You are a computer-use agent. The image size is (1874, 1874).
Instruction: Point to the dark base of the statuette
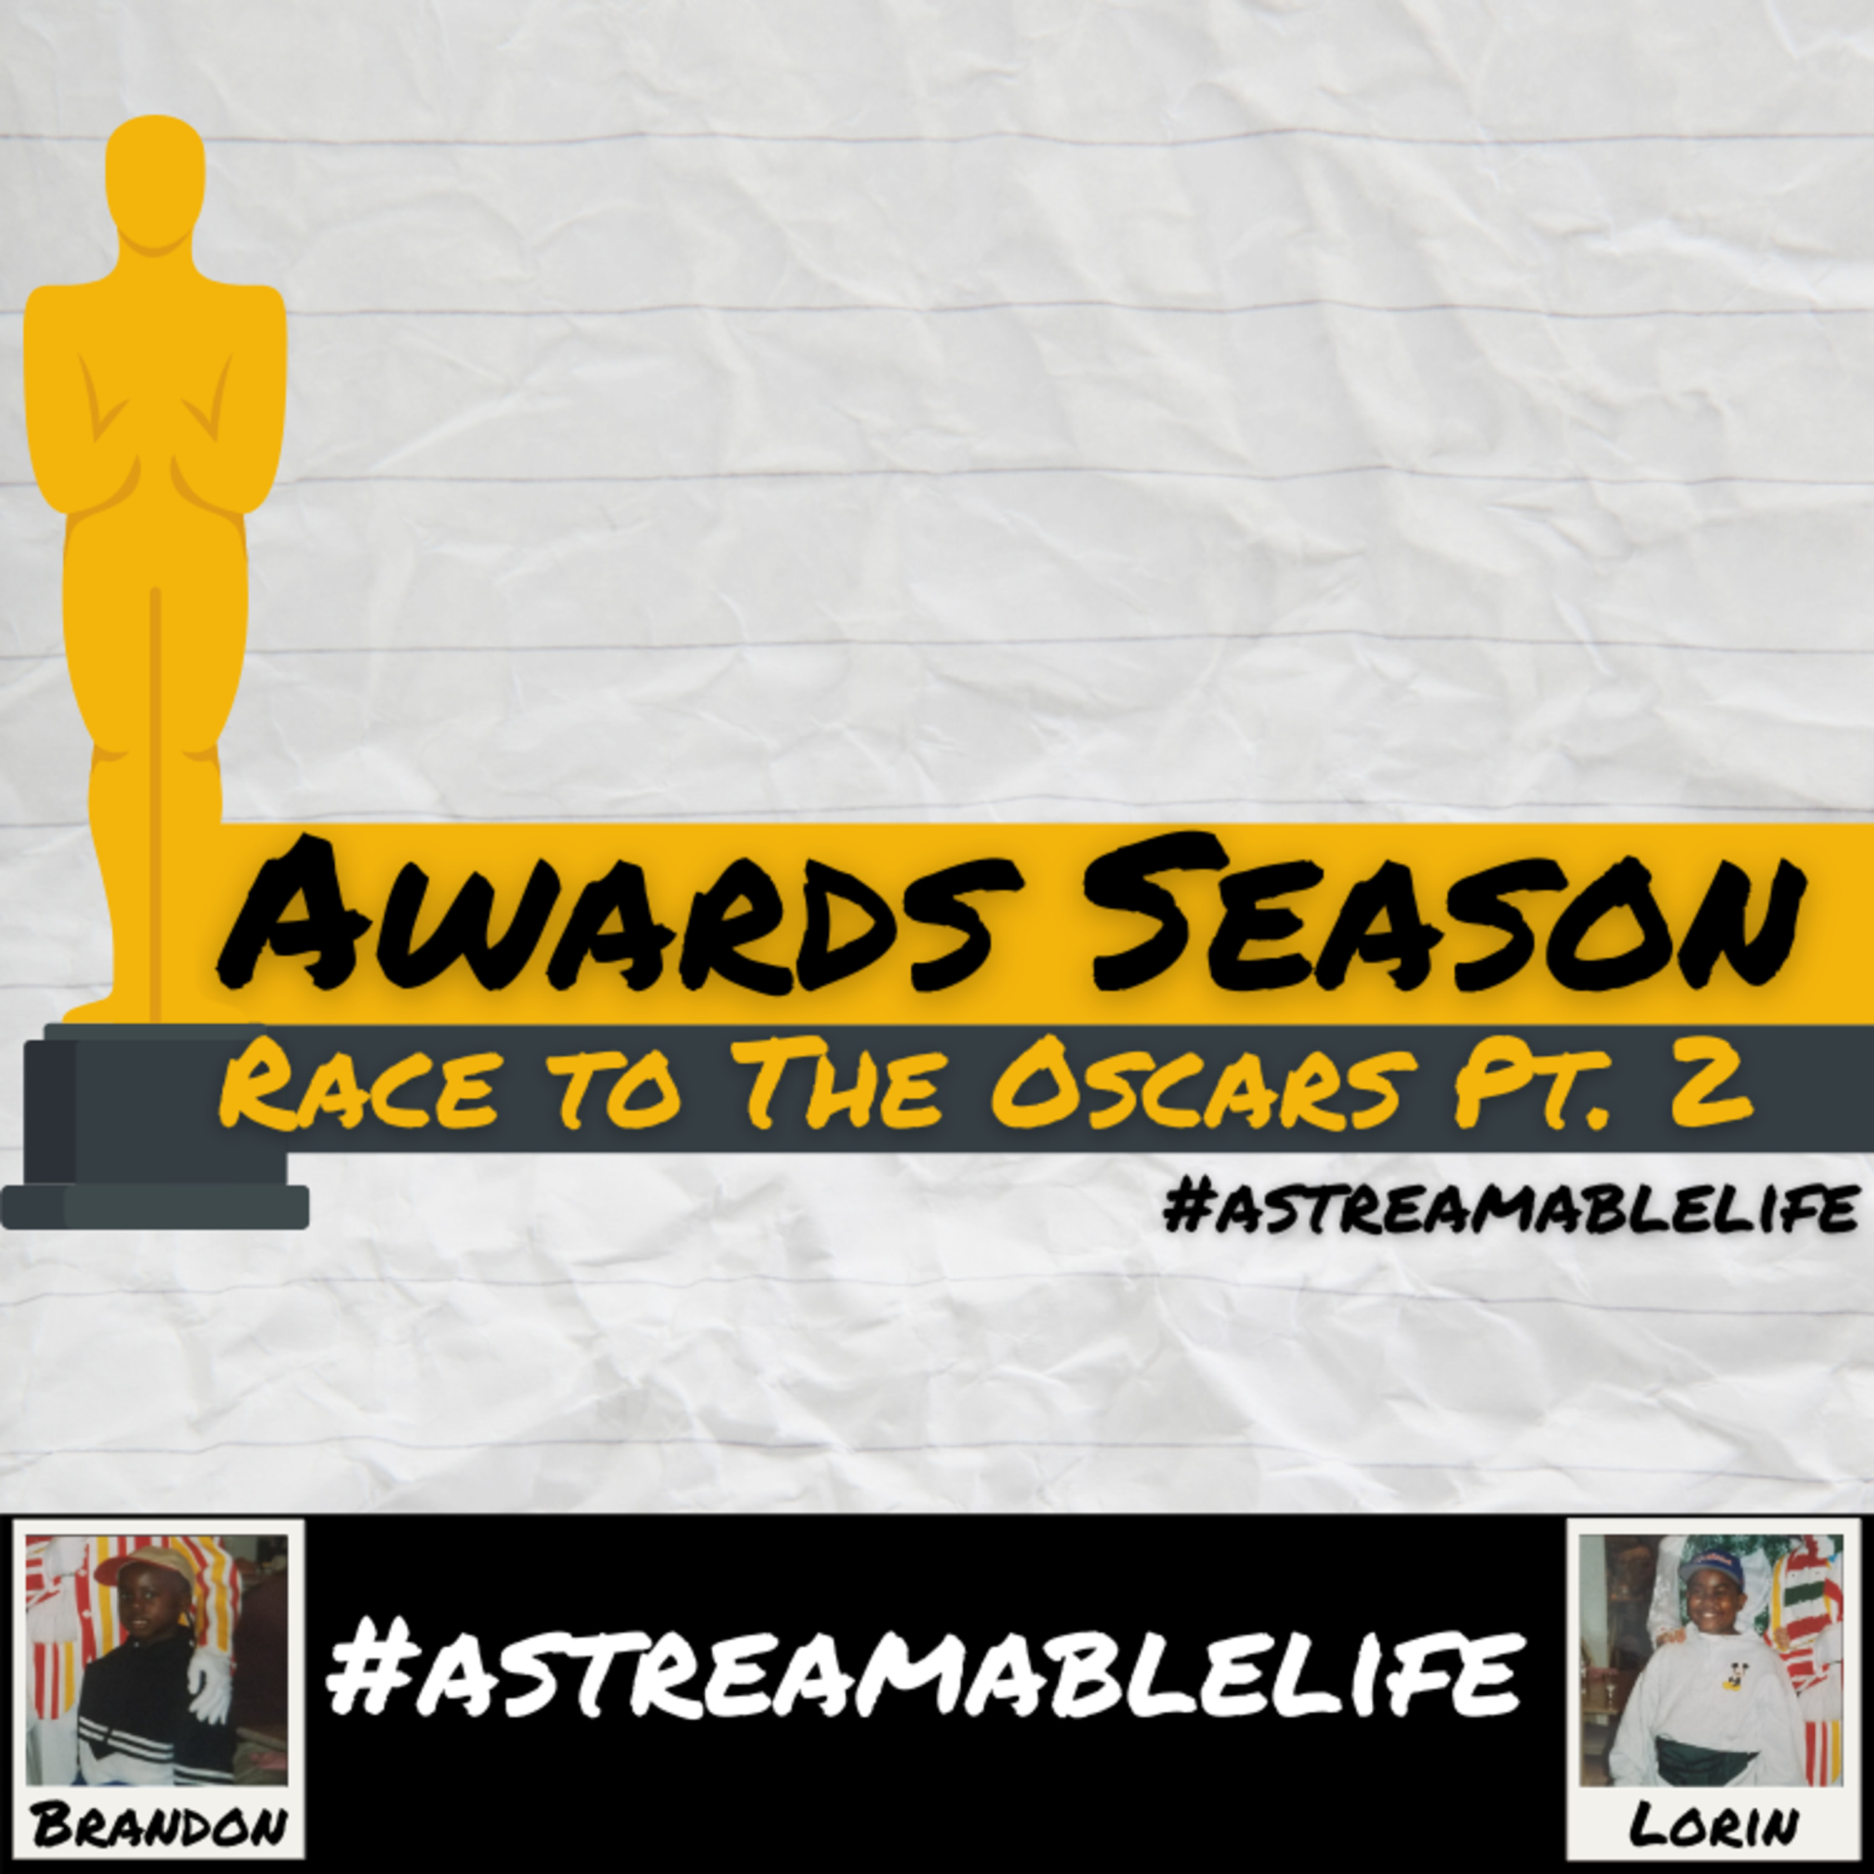(155, 1125)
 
